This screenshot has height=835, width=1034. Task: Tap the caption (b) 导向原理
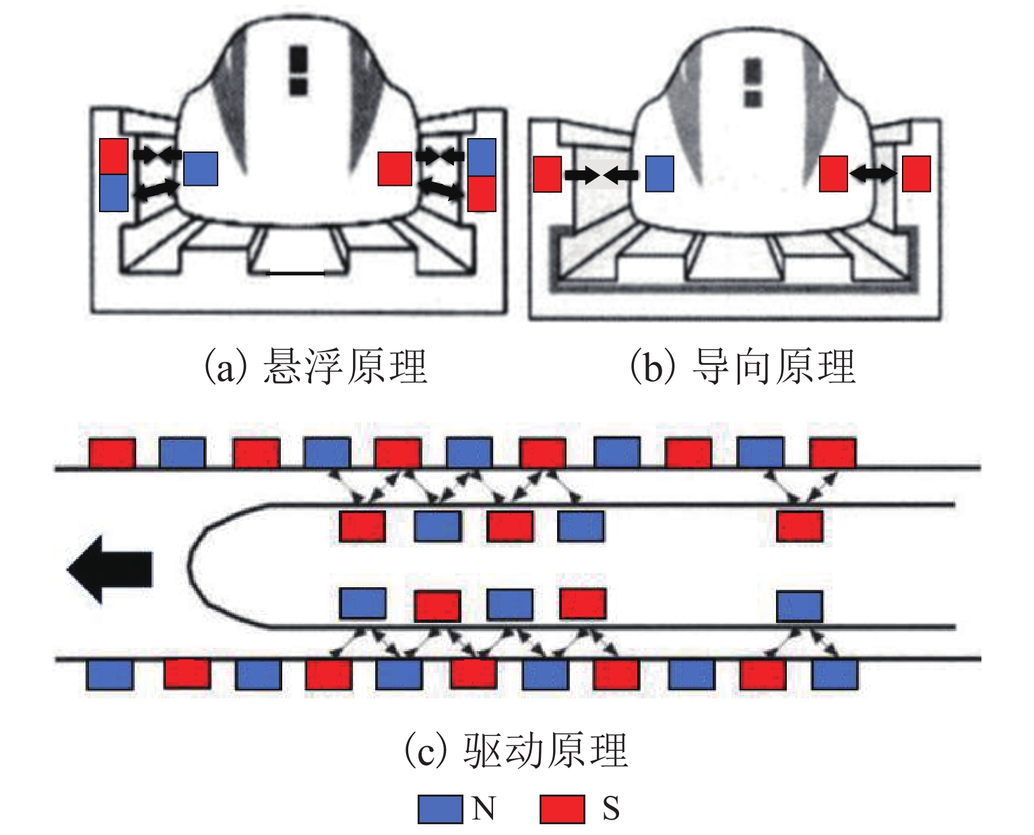pyautogui.click(x=742, y=366)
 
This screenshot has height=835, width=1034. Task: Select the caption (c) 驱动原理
pyautogui.click(x=516, y=749)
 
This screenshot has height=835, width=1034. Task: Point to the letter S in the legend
pyautogui.click(x=610, y=808)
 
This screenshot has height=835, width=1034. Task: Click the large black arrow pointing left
pyautogui.click(x=110, y=569)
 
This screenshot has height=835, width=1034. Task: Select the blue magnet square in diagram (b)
pyautogui.click(x=659, y=174)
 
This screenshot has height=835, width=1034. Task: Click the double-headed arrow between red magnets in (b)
pyautogui.click(x=874, y=174)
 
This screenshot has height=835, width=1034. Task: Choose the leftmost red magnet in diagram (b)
pyautogui.click(x=547, y=174)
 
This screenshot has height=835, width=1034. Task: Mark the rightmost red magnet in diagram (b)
pyautogui.click(x=916, y=174)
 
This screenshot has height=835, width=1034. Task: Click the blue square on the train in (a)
pyautogui.click(x=201, y=168)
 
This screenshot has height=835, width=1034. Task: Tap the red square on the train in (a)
pyautogui.click(x=395, y=168)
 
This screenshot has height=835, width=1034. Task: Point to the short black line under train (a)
pyautogui.click(x=296, y=273)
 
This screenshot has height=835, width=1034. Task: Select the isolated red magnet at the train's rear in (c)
pyautogui.click(x=800, y=526)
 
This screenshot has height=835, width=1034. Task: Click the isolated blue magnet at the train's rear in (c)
pyautogui.click(x=800, y=605)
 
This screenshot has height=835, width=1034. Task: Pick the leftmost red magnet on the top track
pyautogui.click(x=112, y=452)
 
